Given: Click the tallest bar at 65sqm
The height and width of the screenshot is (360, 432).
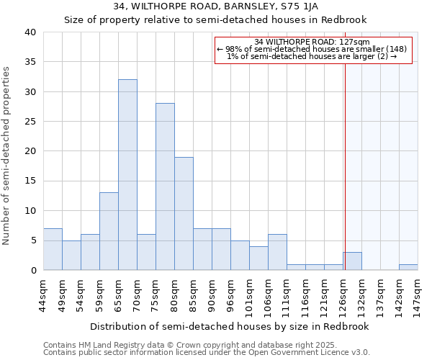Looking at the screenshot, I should (x=127, y=175).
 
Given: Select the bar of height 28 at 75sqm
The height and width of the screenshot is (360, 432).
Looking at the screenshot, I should (x=165, y=186).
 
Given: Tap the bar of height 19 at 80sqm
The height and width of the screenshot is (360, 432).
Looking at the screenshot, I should (x=184, y=213).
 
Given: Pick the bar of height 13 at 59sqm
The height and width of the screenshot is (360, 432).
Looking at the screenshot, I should (x=109, y=231).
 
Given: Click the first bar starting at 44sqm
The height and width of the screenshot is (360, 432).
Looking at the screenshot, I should (x=53, y=249).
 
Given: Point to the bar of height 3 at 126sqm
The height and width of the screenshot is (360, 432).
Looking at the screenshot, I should (x=352, y=261).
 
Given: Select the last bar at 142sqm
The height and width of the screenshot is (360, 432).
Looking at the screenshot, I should (x=408, y=267).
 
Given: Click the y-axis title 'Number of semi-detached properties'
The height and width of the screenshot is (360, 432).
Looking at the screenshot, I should (x=6, y=156).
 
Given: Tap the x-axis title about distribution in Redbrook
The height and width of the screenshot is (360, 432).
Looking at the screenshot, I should (x=230, y=326).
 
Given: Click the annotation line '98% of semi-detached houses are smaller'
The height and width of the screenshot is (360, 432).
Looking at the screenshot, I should (x=312, y=49).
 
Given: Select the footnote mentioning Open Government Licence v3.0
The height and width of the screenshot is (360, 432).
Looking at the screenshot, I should (x=207, y=353).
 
